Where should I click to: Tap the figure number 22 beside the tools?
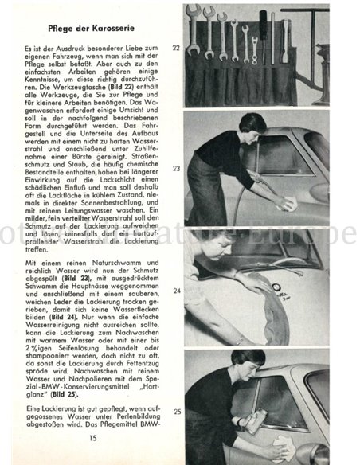(x=174, y=48)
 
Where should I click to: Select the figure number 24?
(x=174, y=291)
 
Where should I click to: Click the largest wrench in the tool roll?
(x=194, y=32)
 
